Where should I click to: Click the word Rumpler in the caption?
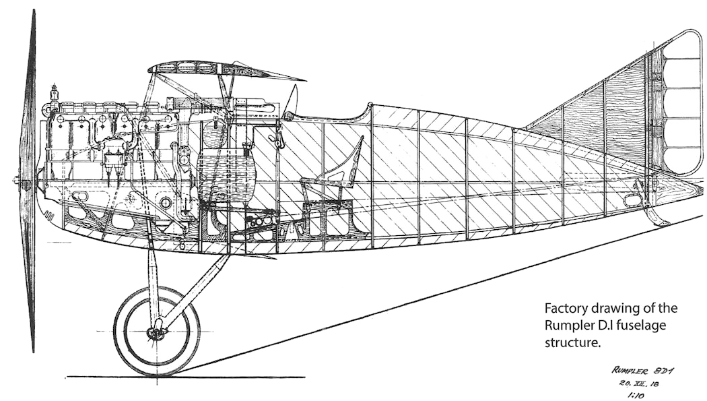pos(567,326)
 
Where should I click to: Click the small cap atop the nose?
pos(55,88)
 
